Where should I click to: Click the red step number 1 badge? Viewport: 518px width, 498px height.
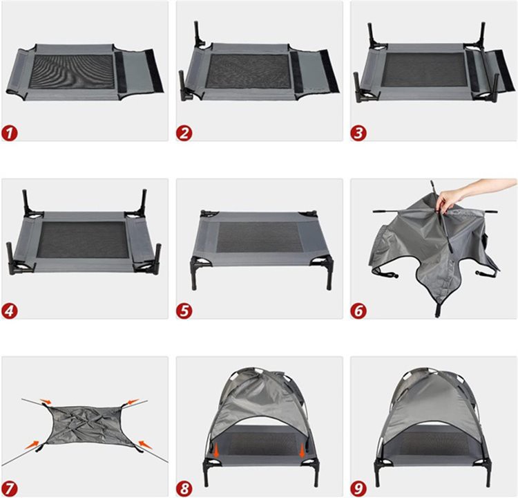coord(10,133)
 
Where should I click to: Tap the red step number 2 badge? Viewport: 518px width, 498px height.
coord(184,133)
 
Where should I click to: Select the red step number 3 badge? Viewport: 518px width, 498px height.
coord(358,133)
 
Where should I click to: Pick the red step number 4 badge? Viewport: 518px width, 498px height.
coord(10,311)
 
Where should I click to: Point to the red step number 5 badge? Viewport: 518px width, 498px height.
coord(184,311)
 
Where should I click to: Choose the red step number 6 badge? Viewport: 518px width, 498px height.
coord(358,311)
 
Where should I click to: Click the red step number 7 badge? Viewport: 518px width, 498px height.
coord(10,488)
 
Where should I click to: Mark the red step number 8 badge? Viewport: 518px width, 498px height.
coord(184,488)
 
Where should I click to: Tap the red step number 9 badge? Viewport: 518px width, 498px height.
coord(358,488)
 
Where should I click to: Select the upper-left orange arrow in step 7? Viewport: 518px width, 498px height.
coord(46,401)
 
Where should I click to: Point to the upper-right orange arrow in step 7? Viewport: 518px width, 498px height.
coord(133,402)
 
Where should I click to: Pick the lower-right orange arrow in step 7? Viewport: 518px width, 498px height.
coord(145,444)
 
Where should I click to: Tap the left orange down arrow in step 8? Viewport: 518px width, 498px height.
coord(216,450)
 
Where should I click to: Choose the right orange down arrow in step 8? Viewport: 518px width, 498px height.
coord(302,450)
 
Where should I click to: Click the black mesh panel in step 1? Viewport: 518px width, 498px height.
coord(72,71)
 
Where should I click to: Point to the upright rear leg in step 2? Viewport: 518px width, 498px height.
coord(198,33)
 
